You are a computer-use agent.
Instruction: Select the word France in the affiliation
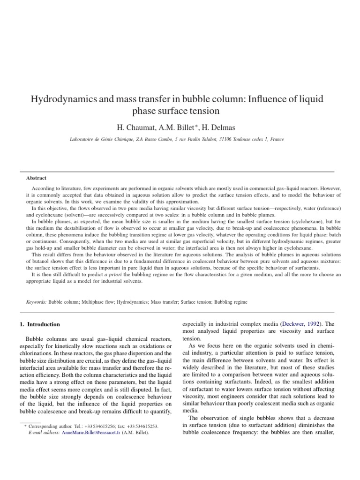[277, 139]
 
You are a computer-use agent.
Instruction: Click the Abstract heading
[36, 178]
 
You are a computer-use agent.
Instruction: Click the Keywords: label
[36, 302]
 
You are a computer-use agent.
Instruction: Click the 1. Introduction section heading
[40, 324]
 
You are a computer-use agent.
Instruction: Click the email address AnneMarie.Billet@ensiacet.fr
[91, 432]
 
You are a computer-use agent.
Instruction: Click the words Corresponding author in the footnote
[45, 426]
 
